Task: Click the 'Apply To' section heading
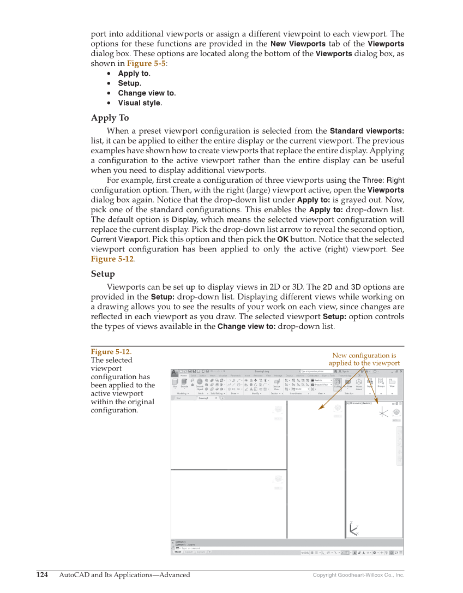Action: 110,118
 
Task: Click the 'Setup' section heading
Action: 103,274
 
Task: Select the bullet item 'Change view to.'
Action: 147,93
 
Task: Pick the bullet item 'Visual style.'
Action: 140,103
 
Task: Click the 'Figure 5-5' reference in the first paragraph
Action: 146,63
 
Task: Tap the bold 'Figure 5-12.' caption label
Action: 111,352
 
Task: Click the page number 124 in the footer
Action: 42,575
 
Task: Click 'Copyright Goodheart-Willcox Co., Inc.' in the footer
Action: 358,575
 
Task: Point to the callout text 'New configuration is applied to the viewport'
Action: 364,359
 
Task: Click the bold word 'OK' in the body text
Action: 283,239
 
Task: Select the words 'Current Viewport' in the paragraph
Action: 119,239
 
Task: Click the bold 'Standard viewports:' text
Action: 366,131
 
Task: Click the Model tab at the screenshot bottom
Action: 177,552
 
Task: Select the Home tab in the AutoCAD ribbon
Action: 183,375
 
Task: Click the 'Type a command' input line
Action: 196,548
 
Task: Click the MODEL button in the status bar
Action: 305,552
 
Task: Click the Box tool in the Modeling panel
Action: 175,384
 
